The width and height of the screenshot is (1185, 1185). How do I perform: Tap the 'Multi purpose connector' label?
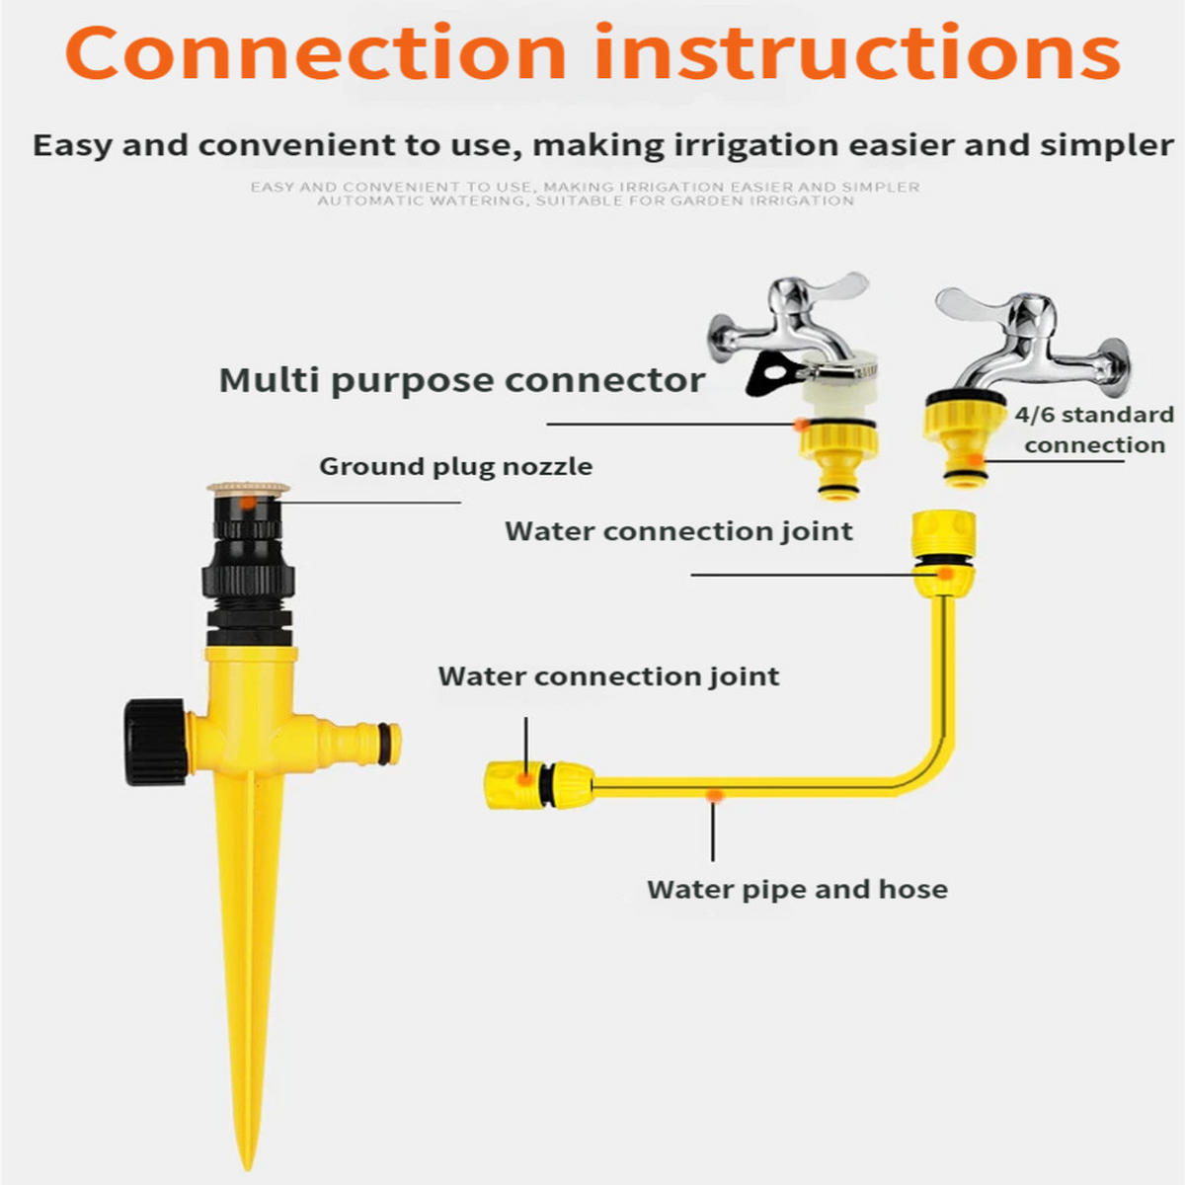pyautogui.click(x=462, y=381)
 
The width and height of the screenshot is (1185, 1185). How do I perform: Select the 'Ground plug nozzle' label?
pyautogui.click(x=455, y=467)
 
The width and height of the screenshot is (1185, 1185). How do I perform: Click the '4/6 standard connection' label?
pyautogui.click(x=1094, y=430)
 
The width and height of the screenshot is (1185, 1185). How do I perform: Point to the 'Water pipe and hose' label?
pyautogui.click(x=797, y=890)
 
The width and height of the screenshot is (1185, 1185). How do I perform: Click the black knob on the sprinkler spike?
pyautogui.click(x=156, y=742)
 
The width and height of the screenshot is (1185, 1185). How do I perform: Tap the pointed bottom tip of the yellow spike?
pyautogui.click(x=249, y=1166)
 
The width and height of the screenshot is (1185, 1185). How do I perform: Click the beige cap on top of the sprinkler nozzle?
pyautogui.click(x=248, y=488)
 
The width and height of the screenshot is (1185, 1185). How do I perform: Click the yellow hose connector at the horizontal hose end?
pyautogui.click(x=539, y=784)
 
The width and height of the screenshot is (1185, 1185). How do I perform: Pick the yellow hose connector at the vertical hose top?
pyautogui.click(x=943, y=553)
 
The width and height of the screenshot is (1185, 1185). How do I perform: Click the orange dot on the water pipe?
pyautogui.click(x=713, y=796)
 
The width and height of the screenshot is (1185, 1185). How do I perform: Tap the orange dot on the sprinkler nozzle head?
pyautogui.click(x=247, y=503)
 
